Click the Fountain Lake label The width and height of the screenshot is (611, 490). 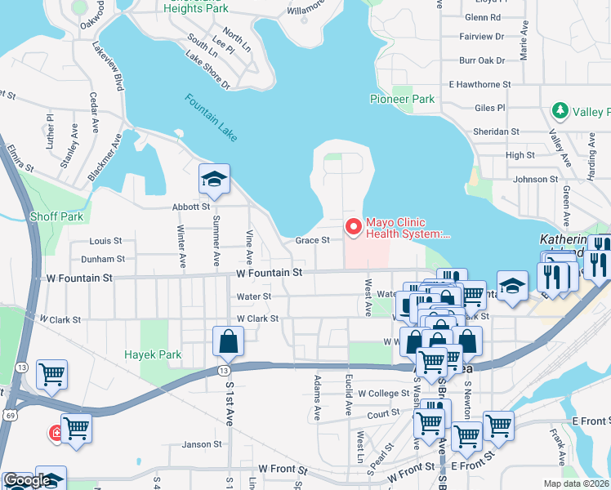[211, 118]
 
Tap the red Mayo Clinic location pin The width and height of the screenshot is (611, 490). [353, 227]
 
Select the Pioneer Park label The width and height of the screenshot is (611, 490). [402, 99]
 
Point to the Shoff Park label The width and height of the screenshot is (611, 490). [56, 216]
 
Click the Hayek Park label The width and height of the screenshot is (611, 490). [151, 354]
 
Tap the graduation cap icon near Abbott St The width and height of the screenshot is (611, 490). [215, 180]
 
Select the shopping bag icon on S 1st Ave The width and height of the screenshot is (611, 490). [229, 342]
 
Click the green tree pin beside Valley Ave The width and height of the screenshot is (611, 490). [560, 110]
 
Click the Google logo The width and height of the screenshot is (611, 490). [26, 481]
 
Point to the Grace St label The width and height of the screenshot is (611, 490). [312, 240]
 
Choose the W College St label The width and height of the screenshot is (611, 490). [382, 393]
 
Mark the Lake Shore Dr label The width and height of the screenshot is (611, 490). [207, 71]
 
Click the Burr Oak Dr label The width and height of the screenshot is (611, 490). [482, 60]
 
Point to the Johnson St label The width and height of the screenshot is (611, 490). [535, 180]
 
